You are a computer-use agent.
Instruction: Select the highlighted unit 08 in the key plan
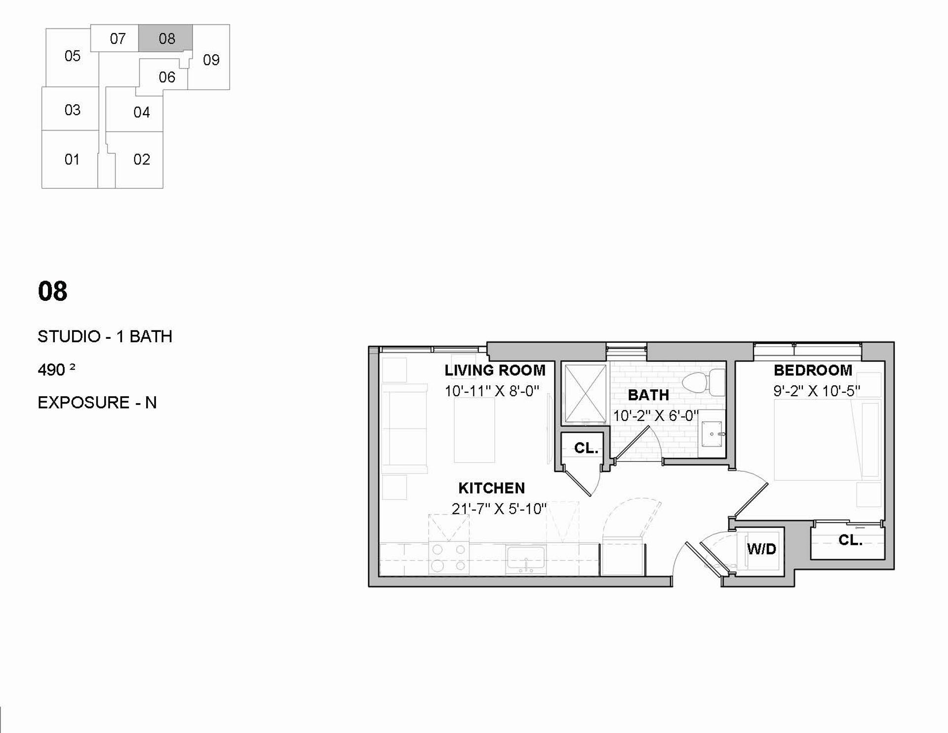click(166, 38)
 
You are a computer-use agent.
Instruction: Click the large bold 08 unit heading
click(52, 291)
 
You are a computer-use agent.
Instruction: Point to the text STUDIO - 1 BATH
click(105, 336)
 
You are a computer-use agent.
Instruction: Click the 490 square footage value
click(56, 369)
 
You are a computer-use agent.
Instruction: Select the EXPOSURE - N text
click(97, 403)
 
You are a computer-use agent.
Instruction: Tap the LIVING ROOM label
click(495, 370)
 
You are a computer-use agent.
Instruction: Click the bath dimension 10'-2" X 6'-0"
click(656, 416)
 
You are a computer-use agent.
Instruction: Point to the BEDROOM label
click(813, 370)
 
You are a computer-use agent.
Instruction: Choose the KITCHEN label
click(491, 488)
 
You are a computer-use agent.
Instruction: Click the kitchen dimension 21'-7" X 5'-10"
click(499, 509)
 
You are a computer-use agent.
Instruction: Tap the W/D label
click(761, 549)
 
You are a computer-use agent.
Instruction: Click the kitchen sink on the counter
click(525, 560)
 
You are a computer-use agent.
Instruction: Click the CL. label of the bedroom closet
click(850, 540)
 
